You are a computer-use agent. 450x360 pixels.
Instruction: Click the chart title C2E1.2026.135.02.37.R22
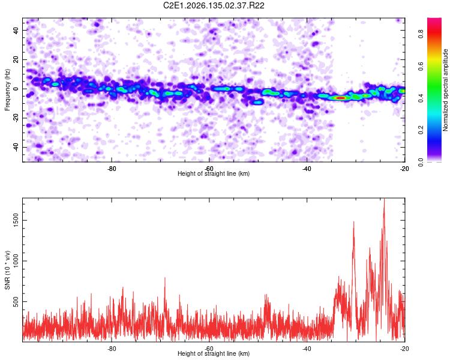point(214,5)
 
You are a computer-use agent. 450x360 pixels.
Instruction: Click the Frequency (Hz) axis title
point(7,89)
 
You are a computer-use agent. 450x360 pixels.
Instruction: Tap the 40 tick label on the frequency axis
point(16,30)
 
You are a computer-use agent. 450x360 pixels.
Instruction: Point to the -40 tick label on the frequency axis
point(16,147)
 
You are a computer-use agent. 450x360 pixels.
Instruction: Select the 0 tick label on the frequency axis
point(16,89)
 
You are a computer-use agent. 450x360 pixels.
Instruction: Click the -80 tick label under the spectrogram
point(112,169)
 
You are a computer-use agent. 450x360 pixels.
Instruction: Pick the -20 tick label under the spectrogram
point(404,169)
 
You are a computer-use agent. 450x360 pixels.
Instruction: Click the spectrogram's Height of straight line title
point(214,173)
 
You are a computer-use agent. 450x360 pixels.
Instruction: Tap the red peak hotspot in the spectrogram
point(341,98)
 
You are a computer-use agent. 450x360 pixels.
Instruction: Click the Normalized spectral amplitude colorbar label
point(445,90)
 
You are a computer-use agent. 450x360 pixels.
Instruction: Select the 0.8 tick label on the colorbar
point(421,34)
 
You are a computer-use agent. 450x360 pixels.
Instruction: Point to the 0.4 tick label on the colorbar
point(421,98)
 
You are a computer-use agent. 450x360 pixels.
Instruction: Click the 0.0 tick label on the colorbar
point(421,163)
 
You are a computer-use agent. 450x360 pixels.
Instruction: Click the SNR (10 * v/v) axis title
point(7,270)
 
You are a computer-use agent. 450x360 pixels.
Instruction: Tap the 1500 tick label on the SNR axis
point(16,220)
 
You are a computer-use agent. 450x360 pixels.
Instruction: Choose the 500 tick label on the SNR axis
point(16,301)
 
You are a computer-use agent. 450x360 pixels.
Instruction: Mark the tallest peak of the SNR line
point(384,199)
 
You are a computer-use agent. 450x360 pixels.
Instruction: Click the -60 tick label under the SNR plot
point(209,349)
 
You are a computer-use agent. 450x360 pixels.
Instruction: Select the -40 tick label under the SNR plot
point(307,349)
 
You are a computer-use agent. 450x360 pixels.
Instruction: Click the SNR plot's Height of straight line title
point(214,353)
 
